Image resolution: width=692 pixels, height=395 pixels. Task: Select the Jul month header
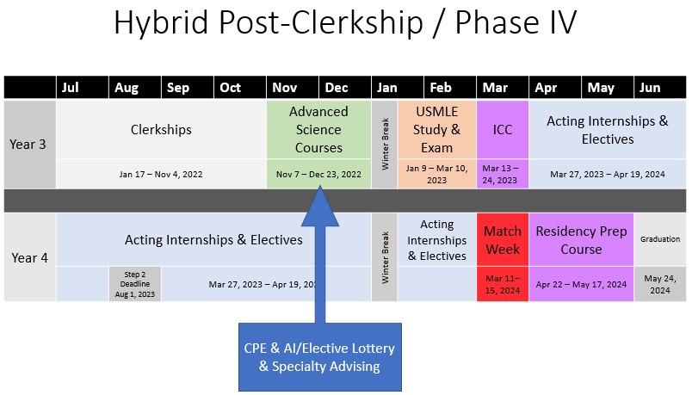[71, 88]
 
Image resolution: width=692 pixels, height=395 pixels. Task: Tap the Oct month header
[230, 88]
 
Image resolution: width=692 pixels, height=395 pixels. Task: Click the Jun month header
[651, 88]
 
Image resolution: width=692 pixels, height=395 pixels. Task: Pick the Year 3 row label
[28, 144]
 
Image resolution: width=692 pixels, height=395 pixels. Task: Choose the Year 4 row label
[28, 257]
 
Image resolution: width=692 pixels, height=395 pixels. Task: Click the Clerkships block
[161, 130]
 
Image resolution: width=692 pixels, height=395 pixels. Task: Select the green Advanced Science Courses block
[318, 130]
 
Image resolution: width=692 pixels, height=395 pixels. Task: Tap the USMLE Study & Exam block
[436, 130]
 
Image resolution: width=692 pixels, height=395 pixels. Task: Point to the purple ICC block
[502, 130]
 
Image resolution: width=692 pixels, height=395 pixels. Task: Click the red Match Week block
[502, 240]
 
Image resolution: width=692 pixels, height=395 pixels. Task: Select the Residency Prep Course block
[581, 240]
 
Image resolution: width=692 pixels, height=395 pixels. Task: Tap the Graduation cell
[660, 239]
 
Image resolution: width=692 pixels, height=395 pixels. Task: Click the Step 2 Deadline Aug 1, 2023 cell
[134, 284]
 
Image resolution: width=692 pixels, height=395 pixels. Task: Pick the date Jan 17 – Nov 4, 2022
[161, 174]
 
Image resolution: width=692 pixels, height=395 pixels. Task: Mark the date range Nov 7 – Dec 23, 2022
[318, 174]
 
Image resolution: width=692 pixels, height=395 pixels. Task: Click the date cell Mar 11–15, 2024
[502, 284]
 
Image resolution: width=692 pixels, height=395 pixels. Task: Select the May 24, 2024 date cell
[660, 284]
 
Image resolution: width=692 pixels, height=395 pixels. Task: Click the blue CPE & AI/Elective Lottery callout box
[320, 357]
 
